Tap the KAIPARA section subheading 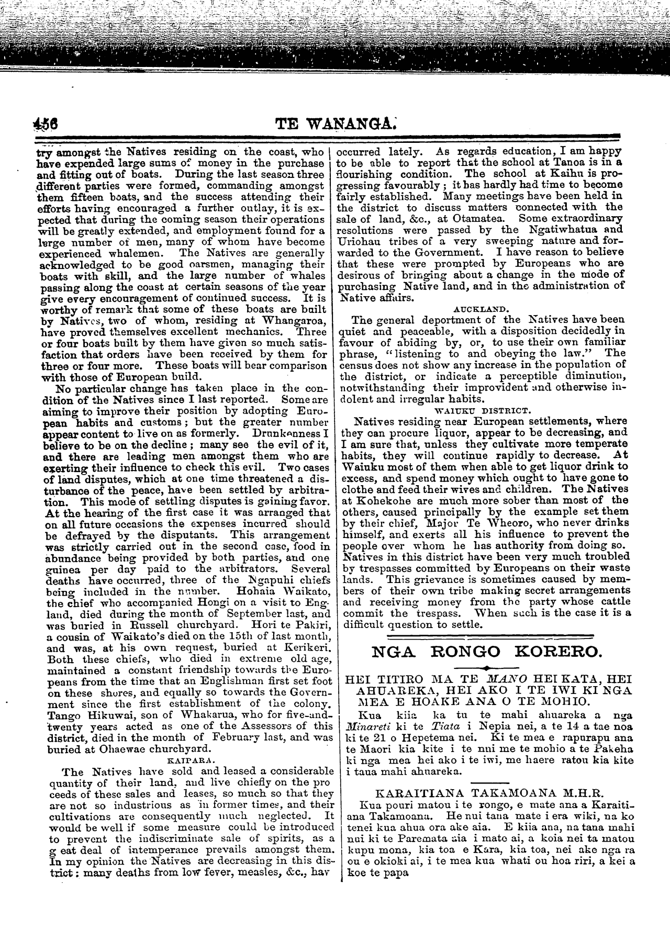pos(187,757)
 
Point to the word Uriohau pos(364,241)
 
